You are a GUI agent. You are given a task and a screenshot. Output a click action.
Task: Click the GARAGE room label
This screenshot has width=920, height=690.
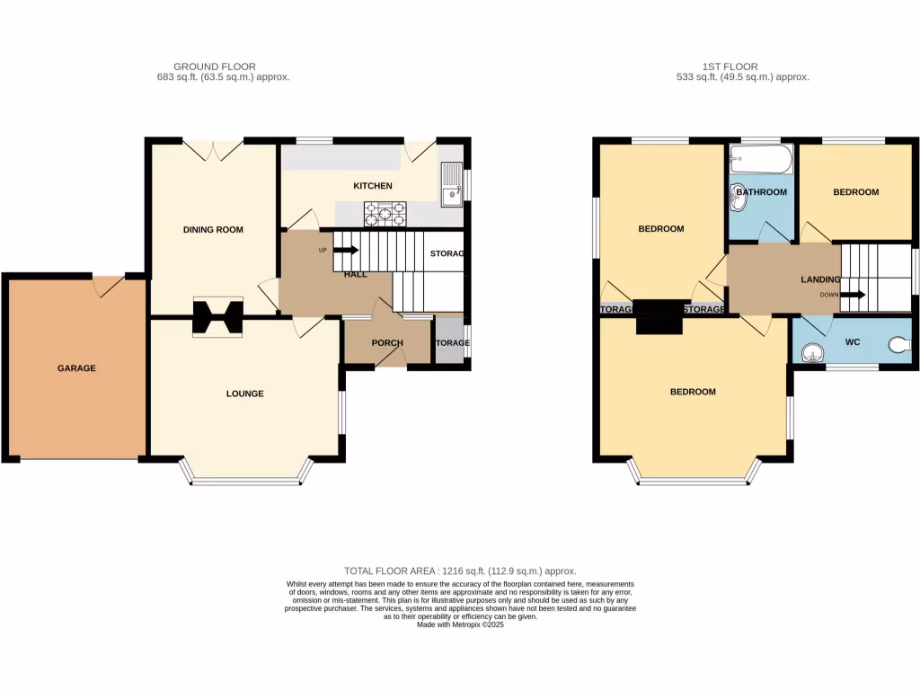pyautogui.click(x=76, y=368)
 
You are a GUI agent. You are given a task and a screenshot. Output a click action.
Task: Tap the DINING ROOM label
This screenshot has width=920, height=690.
pyautogui.click(x=213, y=230)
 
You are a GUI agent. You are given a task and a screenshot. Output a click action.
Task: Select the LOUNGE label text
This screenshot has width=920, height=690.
pyautogui.click(x=244, y=394)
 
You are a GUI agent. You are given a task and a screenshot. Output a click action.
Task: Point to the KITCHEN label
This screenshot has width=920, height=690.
pyautogui.click(x=372, y=186)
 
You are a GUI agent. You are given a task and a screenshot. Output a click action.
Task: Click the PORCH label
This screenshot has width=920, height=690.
pyautogui.click(x=387, y=343)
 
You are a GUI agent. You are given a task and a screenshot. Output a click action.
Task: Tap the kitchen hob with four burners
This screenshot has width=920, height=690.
pyautogui.click(x=385, y=214)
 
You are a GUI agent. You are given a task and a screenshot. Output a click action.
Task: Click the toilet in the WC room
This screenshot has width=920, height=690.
pyautogui.click(x=899, y=343)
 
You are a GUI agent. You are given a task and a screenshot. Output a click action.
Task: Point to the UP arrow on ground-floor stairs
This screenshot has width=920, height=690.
pyautogui.click(x=347, y=250)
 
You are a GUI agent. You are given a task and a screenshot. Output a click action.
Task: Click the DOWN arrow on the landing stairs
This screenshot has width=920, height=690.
pyautogui.click(x=853, y=295)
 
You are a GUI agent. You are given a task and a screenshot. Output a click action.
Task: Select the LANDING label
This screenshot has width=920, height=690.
pyautogui.click(x=820, y=280)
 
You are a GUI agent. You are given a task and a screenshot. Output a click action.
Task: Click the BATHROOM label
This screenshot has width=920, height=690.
pyautogui.click(x=761, y=192)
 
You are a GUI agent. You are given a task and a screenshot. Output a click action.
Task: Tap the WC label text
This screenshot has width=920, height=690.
pyautogui.click(x=851, y=342)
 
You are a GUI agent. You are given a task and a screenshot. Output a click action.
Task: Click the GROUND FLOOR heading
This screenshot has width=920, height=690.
pyautogui.click(x=214, y=66)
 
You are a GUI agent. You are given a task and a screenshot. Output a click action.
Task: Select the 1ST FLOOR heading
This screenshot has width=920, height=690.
pyautogui.click(x=730, y=66)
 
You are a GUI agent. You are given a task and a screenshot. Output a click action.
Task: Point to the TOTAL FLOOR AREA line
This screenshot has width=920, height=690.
pyautogui.click(x=460, y=571)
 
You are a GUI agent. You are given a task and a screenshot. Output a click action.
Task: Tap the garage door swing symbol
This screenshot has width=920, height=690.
pyautogui.click(x=111, y=285)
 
